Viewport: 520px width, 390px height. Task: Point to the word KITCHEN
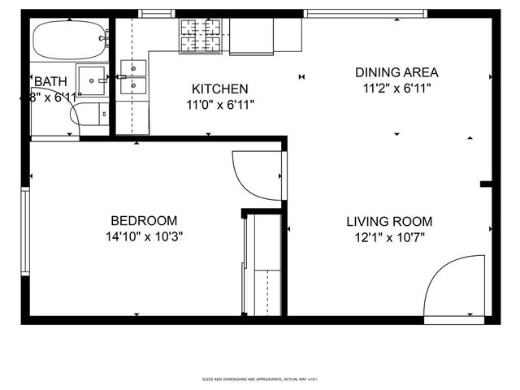(219, 89)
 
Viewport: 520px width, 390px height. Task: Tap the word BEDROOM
(144, 220)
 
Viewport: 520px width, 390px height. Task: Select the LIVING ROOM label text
(389, 221)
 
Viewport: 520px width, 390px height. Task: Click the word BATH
(50, 81)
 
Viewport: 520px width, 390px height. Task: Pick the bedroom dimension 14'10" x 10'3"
(144, 237)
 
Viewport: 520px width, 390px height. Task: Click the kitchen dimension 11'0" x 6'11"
(221, 104)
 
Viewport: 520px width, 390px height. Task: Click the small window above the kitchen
(157, 13)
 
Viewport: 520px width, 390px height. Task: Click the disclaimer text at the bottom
(259, 379)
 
